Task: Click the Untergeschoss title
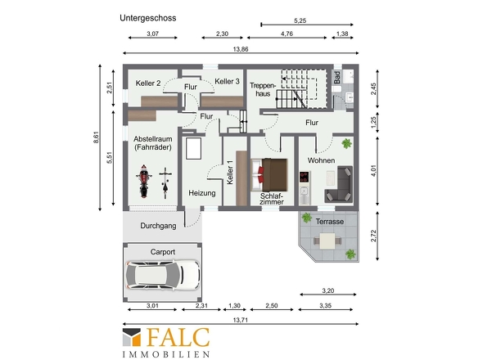coord(148,18)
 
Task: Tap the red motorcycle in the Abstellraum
coord(144,181)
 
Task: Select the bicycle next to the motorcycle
coord(165,183)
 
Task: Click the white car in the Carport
coord(163,275)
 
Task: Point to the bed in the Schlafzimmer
coord(269,174)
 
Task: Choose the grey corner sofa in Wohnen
coord(339,184)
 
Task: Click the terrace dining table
coord(327,241)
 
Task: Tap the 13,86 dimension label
coord(241,49)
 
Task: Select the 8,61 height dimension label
coord(97,137)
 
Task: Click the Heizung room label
coord(202,193)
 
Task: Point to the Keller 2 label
coord(148,83)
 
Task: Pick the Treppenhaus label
coord(263,90)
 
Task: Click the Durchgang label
coord(158,226)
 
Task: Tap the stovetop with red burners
coord(305,177)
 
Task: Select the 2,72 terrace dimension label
coord(373,236)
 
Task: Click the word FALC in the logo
coord(178,338)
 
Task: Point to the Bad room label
coord(337,77)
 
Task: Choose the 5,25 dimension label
coord(300,20)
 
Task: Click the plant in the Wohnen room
coord(346,143)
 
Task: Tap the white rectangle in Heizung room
coord(194,148)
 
